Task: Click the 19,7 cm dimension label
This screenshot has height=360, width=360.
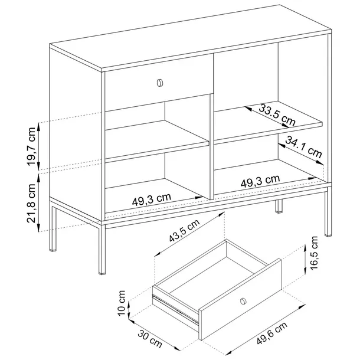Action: coord(31,146)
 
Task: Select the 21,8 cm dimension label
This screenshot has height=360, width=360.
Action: coord(31,203)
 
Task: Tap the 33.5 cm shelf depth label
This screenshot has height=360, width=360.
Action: coord(277,115)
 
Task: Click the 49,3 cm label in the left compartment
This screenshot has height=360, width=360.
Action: coord(152,199)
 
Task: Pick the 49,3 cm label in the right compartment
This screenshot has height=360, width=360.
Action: coord(260,181)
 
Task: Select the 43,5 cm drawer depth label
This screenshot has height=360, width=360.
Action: coord(184,230)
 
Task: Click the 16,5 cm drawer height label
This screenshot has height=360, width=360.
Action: coord(313,253)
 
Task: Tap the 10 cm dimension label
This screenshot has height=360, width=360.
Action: coord(122,303)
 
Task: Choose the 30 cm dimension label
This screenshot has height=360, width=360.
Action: coord(150,339)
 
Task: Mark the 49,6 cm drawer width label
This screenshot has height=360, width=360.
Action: coord(272,333)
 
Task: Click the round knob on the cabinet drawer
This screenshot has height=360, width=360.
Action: coord(160,83)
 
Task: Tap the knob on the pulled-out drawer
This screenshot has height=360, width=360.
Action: coord(243,301)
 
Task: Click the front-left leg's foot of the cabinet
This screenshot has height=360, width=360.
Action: coord(102,273)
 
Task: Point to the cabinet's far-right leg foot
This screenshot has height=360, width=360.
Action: coord(328,235)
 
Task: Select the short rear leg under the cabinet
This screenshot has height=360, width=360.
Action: coord(279,206)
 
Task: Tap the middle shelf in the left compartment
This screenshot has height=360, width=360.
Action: coord(157,139)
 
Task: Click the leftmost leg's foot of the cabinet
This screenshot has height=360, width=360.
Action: coord(53,250)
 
